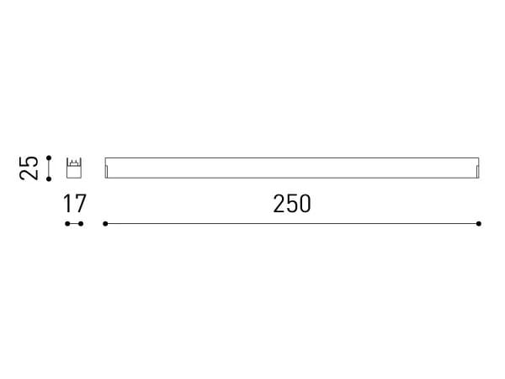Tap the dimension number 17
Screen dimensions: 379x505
coord(74,203)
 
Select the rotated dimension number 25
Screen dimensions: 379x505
coord(29,167)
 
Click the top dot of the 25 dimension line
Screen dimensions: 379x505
coord(50,157)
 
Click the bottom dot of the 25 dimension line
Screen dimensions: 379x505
coord(50,177)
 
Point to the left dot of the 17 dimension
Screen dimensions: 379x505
coord(67,223)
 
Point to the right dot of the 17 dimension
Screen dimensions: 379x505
coord(82,223)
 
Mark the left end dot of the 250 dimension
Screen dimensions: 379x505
coord(105,223)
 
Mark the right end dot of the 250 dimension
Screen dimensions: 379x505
coord(479,223)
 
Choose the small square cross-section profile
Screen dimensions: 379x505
coord(74,167)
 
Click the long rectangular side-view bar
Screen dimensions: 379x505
coord(292,168)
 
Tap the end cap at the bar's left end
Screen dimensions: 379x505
coord(107,172)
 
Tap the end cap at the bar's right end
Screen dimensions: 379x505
coord(477,172)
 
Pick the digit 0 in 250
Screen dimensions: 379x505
coord(305,203)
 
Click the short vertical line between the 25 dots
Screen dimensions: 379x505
coord(50,167)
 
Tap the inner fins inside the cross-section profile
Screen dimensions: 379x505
coord(74,163)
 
